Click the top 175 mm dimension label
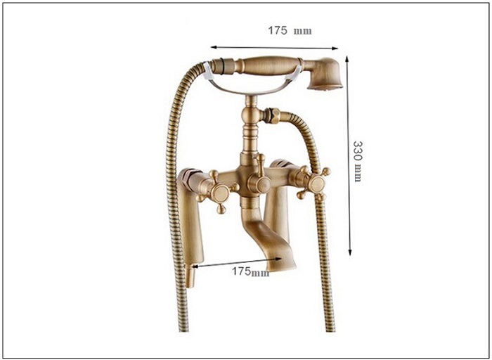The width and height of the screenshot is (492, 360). click(x=290, y=30)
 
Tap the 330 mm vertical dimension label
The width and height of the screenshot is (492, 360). click(x=358, y=161)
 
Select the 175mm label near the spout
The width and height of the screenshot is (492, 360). click(x=250, y=271)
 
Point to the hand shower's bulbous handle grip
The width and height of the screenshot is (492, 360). click(x=266, y=65)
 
